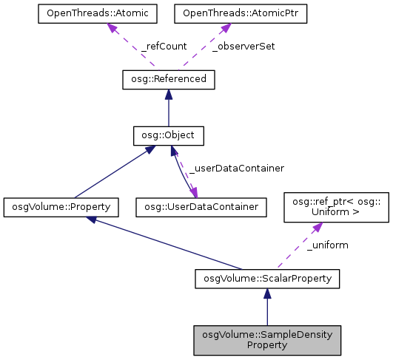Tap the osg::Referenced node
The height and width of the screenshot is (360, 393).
pyautogui.click(x=168, y=79)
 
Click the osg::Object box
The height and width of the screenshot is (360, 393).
pyautogui.click(x=168, y=136)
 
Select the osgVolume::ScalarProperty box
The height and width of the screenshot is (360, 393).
pyautogui.click(x=266, y=278)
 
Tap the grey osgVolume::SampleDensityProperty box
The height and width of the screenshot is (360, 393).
pyautogui.click(x=266, y=339)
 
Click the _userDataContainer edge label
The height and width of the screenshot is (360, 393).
pyautogui.click(x=236, y=169)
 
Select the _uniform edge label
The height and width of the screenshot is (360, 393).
pyautogui.click(x=327, y=245)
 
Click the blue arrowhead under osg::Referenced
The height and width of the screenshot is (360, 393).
pyautogui.click(x=168, y=95)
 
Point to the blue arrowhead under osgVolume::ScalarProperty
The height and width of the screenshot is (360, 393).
pyautogui.click(x=266, y=293)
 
